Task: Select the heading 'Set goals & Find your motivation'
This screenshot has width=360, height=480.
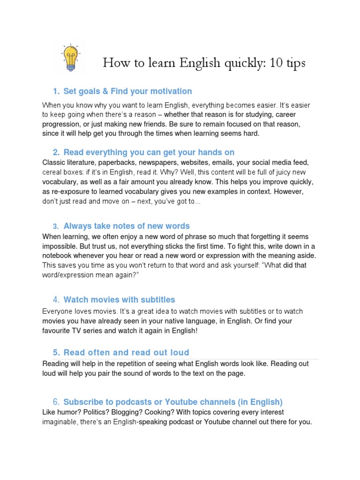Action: (127, 91)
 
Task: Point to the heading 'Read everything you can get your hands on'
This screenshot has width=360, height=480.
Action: (149, 152)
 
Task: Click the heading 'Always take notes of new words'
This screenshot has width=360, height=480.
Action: (127, 226)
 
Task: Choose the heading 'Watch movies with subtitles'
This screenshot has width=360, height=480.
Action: (119, 300)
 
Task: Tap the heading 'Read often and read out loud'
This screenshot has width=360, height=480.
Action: (126, 352)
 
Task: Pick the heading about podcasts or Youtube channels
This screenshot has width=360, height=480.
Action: (173, 402)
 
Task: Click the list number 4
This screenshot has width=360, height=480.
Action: (56, 300)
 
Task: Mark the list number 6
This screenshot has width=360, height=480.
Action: (56, 402)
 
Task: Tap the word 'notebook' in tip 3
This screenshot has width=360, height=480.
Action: (58, 256)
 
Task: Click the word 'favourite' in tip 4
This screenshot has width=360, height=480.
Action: (59, 331)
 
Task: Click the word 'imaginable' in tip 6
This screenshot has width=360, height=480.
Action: (61, 422)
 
